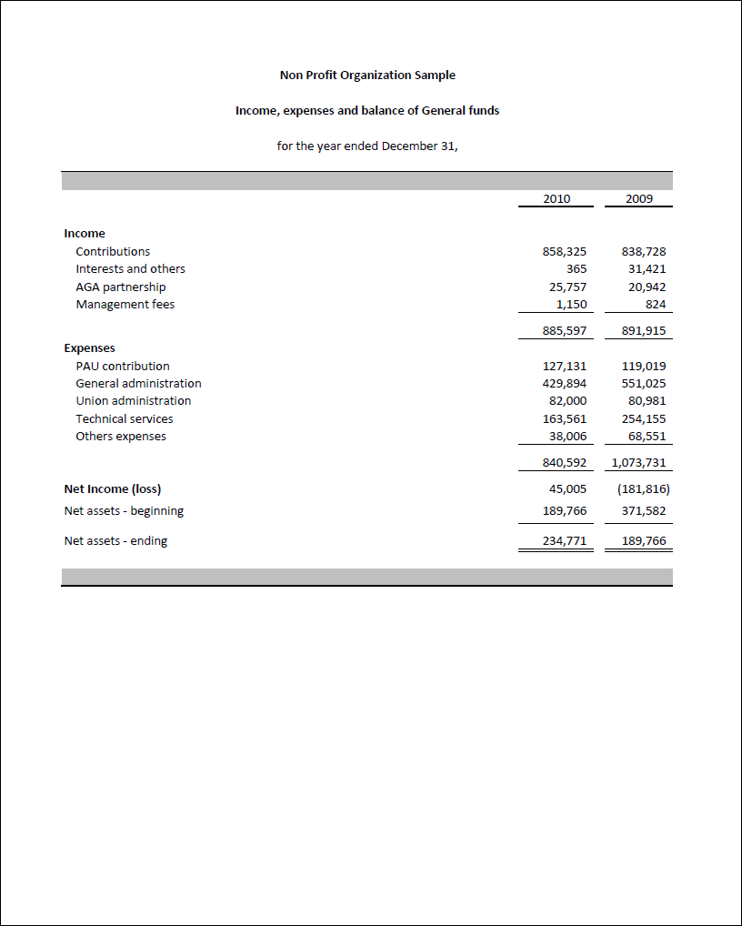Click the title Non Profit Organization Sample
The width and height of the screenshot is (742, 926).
(367, 75)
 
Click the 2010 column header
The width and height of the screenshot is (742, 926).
(556, 198)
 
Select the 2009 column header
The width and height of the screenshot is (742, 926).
(639, 198)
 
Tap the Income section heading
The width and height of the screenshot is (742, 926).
(85, 234)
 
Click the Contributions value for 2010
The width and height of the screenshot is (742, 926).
(565, 252)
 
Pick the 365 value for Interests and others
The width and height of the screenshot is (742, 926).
(577, 269)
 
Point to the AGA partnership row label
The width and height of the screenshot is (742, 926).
(121, 287)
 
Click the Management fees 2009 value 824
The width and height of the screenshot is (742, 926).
(655, 305)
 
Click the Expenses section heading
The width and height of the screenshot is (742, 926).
(89, 348)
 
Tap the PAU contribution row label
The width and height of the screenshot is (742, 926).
(123, 367)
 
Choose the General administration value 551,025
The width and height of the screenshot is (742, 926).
(644, 384)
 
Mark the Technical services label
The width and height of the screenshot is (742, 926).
(125, 419)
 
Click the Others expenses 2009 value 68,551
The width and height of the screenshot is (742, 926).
(647, 437)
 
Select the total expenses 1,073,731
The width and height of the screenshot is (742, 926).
(639, 463)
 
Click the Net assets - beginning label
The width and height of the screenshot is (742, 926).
(124, 511)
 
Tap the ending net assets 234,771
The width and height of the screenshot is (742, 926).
(565, 541)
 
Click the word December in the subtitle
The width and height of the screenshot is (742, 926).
(409, 146)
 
